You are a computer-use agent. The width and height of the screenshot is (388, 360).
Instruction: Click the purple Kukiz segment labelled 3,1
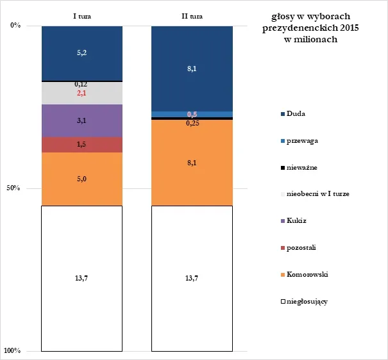[82, 121]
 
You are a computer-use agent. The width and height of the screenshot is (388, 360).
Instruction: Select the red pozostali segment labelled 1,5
[82, 145]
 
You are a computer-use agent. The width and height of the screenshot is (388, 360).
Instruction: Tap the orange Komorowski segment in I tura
[82, 179]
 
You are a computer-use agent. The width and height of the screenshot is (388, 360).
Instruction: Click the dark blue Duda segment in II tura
[192, 69]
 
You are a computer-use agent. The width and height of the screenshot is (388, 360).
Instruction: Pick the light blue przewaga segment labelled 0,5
[192, 114]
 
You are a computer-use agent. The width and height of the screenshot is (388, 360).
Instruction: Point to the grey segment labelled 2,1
[82, 93]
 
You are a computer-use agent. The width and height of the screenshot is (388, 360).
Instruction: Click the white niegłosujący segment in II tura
[192, 279]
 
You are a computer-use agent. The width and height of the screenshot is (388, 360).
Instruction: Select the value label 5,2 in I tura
[82, 53]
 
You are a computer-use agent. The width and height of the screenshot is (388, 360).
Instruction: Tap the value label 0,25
[192, 123]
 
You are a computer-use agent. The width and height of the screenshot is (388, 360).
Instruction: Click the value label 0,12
[81, 85]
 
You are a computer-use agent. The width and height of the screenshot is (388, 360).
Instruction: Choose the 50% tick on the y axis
[13, 188]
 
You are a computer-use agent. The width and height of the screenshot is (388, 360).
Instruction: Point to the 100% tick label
[12, 350]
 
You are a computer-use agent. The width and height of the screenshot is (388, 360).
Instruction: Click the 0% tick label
[15, 25]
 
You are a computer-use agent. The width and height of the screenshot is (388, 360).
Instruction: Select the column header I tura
[82, 16]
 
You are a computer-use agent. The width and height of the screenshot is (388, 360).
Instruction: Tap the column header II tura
[192, 16]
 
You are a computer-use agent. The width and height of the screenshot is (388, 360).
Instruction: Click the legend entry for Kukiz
[294, 220]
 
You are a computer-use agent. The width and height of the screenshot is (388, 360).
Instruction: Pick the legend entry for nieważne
[299, 168]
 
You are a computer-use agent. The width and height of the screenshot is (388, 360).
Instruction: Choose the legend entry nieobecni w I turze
[315, 194]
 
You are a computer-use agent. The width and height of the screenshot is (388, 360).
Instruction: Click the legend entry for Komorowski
[305, 275]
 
